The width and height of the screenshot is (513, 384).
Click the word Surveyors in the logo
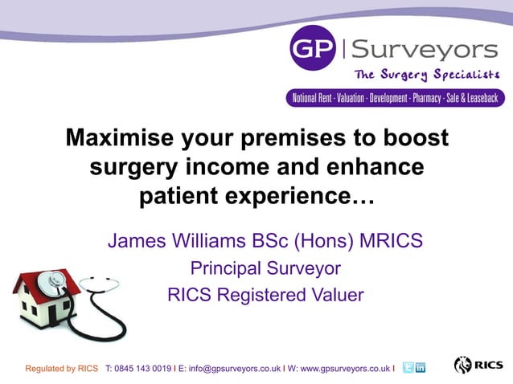click(425, 50)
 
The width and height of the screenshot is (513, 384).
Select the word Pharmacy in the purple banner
click(433, 99)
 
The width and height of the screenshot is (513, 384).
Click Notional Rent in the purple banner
click(316, 99)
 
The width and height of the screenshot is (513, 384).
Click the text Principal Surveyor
click(265, 268)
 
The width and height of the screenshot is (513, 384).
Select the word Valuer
click(336, 295)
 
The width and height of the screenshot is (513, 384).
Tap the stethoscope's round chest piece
click(56, 282)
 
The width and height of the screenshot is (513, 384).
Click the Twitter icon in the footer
click(408, 367)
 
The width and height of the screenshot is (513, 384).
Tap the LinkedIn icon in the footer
click(421, 367)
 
